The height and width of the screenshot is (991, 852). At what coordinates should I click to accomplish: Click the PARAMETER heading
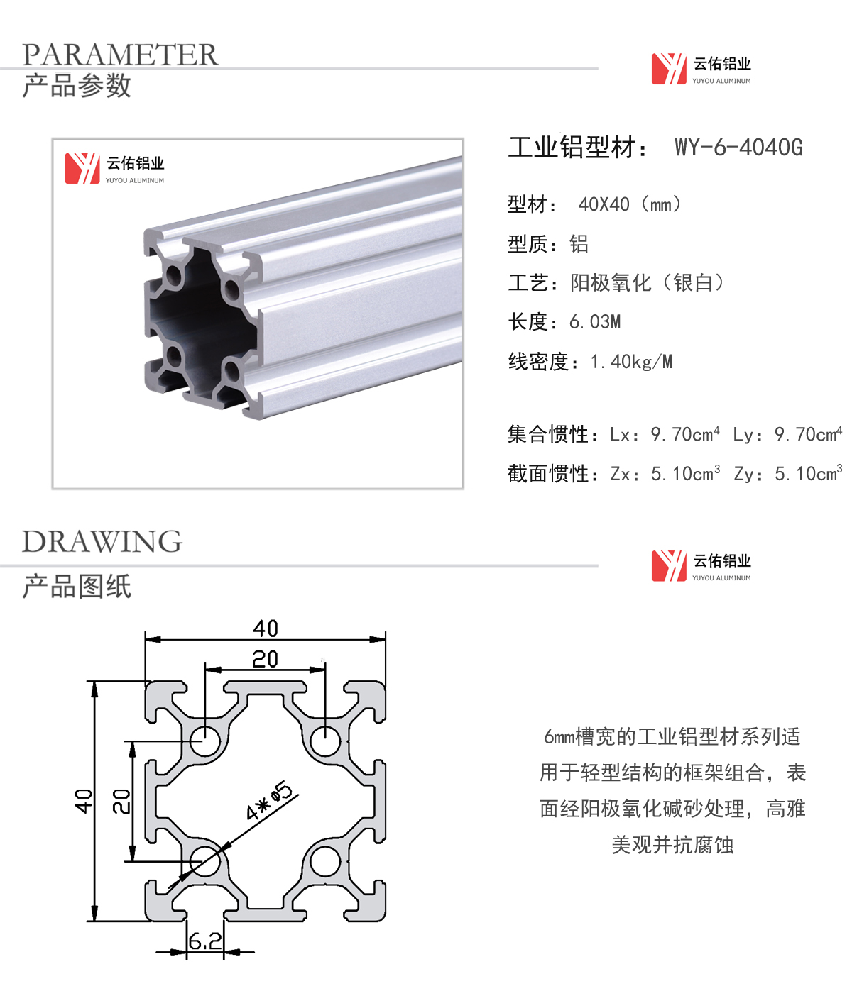pos(120,55)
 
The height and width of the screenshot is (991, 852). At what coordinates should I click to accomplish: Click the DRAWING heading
pos(102,542)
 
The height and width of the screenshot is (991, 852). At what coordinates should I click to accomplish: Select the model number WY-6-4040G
pos(738,148)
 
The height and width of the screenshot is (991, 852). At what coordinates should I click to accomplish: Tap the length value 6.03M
pos(595,322)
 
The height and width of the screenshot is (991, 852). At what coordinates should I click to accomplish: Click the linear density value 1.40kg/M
pos(631,362)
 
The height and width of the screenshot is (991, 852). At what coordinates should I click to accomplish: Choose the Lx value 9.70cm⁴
pos(684,434)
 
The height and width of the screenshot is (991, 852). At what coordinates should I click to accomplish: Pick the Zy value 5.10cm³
pos(808,473)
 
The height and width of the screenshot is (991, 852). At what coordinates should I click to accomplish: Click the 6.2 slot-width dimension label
pos(204,941)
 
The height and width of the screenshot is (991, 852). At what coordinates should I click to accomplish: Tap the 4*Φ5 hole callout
pos(269,802)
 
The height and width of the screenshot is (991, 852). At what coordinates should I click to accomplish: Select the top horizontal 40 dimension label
pos(266,629)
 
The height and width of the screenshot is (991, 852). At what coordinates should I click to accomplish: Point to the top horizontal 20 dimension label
pos(265,660)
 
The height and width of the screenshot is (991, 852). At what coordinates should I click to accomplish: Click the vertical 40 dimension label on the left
pos(83,801)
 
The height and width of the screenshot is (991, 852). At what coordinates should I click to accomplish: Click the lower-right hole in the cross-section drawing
pos(325,861)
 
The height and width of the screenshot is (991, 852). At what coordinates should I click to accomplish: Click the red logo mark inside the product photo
pos(82,168)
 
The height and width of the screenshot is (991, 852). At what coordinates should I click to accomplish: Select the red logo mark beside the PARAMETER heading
pos(669,69)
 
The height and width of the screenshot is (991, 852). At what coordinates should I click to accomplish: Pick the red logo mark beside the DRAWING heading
pos(669,566)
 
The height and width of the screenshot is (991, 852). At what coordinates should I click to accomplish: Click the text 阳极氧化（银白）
pos(648,283)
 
